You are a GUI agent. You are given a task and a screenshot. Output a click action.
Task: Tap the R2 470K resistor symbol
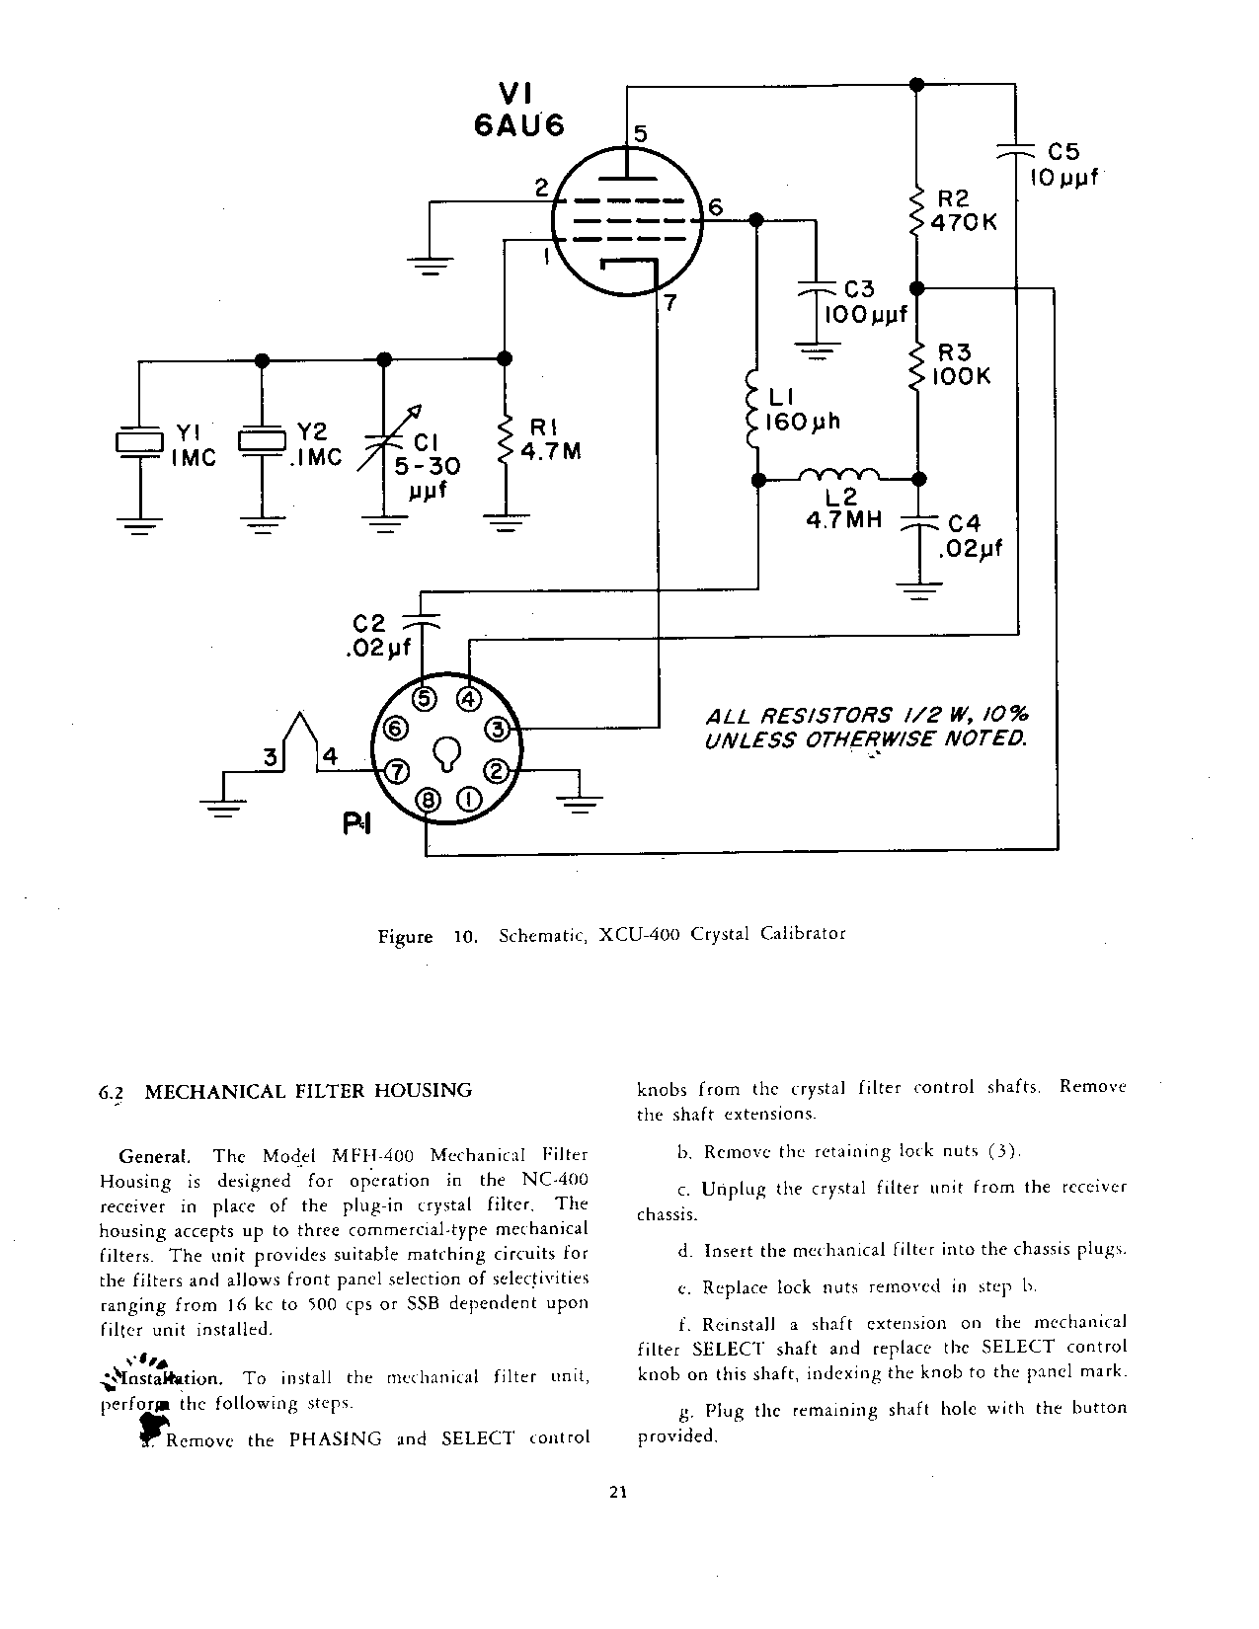click(916, 208)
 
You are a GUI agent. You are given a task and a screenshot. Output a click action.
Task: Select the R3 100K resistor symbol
click(916, 364)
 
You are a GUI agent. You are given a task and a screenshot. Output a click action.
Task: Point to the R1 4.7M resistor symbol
click(506, 439)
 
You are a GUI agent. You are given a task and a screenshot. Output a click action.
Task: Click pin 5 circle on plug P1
click(425, 699)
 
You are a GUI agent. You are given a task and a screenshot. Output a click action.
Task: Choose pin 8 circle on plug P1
click(428, 801)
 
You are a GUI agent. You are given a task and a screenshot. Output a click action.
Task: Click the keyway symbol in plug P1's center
click(447, 753)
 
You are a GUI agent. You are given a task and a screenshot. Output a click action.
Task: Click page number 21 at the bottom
click(619, 1493)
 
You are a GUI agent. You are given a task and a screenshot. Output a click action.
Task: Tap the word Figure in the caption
click(405, 936)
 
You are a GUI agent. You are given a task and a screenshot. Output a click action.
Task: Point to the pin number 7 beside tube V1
click(669, 302)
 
